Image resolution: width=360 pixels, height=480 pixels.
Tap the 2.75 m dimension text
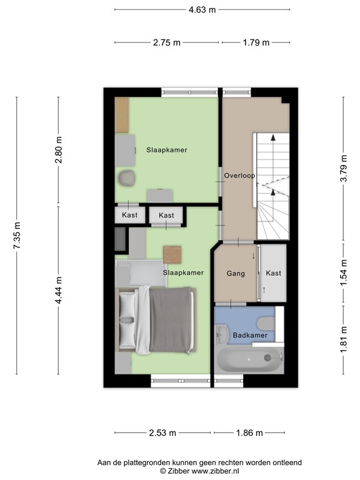point(166,42)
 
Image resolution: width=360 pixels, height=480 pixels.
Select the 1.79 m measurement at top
point(255,42)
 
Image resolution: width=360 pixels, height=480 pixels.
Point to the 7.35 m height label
point(17,236)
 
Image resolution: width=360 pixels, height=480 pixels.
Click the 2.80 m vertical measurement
point(59,150)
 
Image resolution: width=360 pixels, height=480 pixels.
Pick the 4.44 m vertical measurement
point(59,290)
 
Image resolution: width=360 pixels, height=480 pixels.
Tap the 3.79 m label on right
point(342,168)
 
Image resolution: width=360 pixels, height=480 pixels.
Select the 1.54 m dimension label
point(342,272)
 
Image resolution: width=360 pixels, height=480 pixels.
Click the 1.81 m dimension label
point(342,340)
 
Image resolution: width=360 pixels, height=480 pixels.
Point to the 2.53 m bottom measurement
point(163,432)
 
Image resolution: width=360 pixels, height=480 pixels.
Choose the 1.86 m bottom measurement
point(250,432)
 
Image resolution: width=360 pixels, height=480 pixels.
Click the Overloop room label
point(239,176)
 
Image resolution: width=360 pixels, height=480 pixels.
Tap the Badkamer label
point(250,336)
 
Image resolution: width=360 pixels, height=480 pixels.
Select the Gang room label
point(235,274)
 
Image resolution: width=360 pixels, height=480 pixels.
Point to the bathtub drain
point(268,357)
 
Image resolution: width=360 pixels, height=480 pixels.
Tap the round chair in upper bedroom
point(126,177)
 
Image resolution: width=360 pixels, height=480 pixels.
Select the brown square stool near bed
point(172,254)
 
